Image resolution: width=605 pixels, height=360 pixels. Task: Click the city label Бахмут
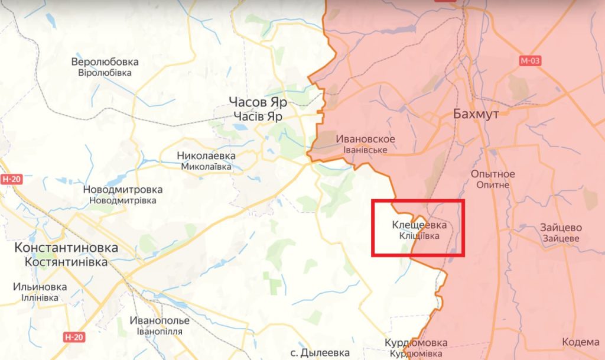tap(476, 113)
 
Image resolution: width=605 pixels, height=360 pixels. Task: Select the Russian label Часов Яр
tap(258, 102)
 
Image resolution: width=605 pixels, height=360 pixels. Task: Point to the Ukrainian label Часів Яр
tap(258, 116)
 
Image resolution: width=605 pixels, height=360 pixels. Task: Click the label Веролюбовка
tap(105, 61)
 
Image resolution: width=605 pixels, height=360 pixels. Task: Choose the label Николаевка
tap(206, 155)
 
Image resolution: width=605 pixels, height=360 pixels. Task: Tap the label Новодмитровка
tap(123, 190)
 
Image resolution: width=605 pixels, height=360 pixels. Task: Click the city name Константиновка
tap(66, 248)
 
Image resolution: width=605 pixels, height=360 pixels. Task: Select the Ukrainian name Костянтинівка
tap(66, 261)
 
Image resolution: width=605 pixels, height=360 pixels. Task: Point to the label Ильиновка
tap(40, 287)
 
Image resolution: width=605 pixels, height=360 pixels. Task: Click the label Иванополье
tap(160, 320)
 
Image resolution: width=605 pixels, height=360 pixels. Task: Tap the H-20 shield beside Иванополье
tap(73, 337)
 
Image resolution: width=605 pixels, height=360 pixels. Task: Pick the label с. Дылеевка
tap(321, 353)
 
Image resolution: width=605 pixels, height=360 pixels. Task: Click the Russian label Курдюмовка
tap(416, 343)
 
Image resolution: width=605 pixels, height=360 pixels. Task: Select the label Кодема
tap(581, 342)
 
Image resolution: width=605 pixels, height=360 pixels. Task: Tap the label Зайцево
tap(561, 228)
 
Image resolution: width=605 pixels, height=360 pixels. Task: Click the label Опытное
tap(493, 174)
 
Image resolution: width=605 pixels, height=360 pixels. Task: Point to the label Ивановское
tap(365, 139)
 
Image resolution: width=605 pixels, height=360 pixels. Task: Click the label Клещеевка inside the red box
tap(419, 225)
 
